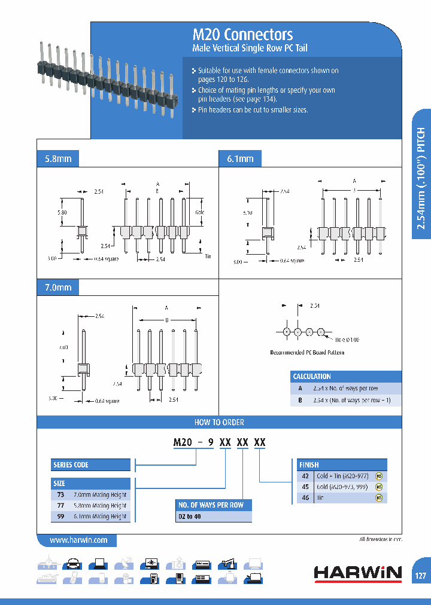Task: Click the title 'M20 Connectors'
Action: [x=242, y=34]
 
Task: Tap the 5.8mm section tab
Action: [x=58, y=159]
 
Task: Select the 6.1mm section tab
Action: [x=240, y=159]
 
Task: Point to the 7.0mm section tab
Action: [x=58, y=288]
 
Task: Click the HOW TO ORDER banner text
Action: [x=219, y=422]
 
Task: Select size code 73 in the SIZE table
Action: [x=60, y=494]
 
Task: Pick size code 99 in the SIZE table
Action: [x=60, y=516]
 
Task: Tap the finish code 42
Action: [x=305, y=476]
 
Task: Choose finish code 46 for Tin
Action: [x=305, y=497]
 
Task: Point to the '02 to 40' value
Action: [x=190, y=517]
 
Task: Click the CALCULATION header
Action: [x=312, y=377]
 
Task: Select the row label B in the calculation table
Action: [x=300, y=400]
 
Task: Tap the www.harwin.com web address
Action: [x=78, y=540]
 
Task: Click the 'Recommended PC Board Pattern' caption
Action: [x=307, y=353]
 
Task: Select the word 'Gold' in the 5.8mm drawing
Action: [x=200, y=212]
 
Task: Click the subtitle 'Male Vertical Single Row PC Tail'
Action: [x=250, y=48]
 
